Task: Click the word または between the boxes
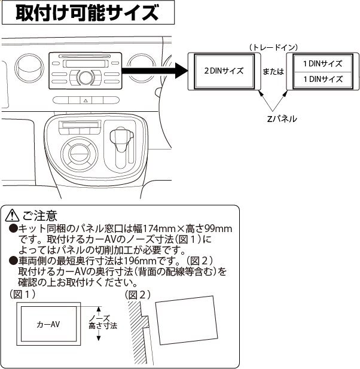click(273, 71)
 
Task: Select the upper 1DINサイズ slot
click(322, 63)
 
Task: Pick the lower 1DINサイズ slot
click(322, 79)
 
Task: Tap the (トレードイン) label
click(273, 47)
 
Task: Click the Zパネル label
click(282, 119)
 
